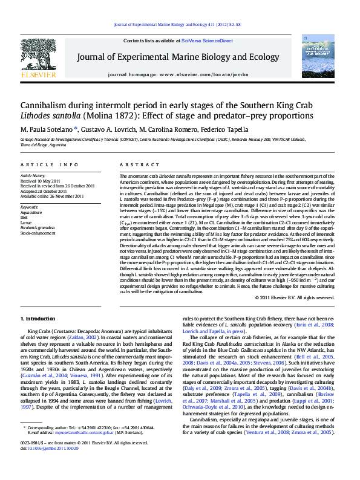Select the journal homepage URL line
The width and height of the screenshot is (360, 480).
tap(180, 73)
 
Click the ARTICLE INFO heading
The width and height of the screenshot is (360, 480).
tap(49, 165)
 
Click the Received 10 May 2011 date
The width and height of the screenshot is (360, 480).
tap(41, 181)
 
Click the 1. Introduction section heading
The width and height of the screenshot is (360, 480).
tap(38, 319)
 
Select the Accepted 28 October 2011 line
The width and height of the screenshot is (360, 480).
tap(44, 190)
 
